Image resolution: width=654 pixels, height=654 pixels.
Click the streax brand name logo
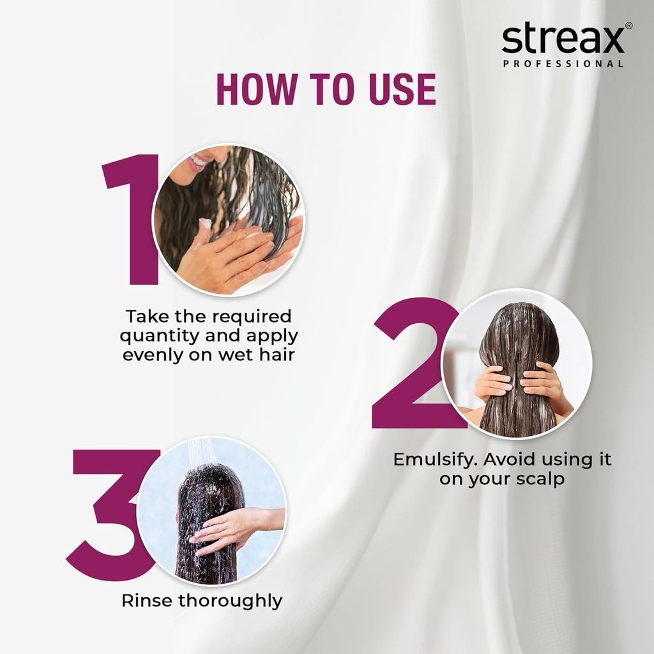pos(562,40)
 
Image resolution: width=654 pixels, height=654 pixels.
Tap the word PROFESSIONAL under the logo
pos(563,64)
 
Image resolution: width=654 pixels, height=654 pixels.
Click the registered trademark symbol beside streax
pos(628,26)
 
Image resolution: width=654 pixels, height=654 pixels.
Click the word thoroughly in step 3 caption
pos(230,601)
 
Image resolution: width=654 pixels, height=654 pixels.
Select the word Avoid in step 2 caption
pos(501,459)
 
